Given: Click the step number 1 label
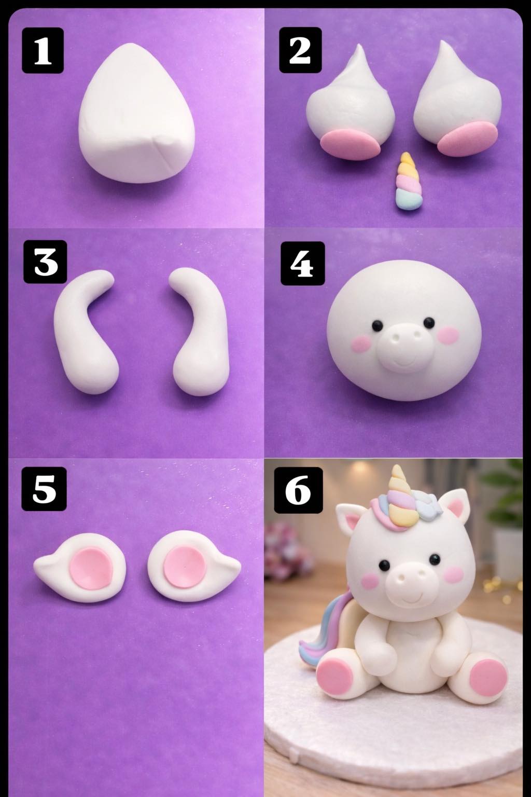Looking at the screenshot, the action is (43, 50).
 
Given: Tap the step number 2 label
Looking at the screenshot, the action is (300, 50).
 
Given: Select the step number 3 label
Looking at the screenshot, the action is (46, 262).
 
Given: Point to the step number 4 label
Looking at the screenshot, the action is (303, 263).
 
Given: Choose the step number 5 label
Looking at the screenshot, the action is (44, 489).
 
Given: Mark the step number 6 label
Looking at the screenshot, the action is (298, 490).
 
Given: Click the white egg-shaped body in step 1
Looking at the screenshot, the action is (136, 114).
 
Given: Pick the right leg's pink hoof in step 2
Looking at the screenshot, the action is (468, 139).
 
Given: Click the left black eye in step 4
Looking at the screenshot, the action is (377, 324).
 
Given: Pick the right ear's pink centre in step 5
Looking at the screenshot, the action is (184, 567).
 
